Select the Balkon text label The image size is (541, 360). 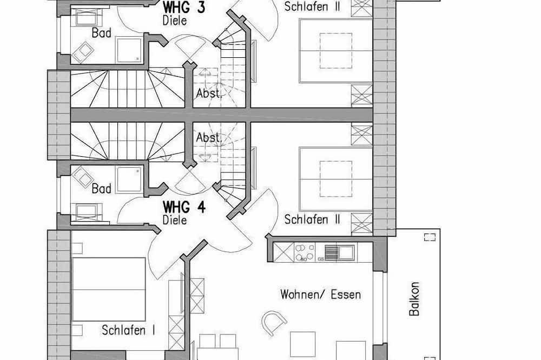[414, 299]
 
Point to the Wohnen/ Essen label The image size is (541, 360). [320, 295]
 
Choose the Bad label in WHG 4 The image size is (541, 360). [101, 189]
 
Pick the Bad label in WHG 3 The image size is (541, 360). [101, 33]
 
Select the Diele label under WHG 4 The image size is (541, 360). [174, 220]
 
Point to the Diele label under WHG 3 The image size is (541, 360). [174, 22]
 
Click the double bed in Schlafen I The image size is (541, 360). [109, 289]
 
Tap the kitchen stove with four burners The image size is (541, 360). [304, 252]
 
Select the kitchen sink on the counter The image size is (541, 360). [339, 252]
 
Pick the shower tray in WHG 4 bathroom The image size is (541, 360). [128, 179]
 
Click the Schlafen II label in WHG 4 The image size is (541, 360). [312, 219]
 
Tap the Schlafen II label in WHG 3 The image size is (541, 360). [312, 6]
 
